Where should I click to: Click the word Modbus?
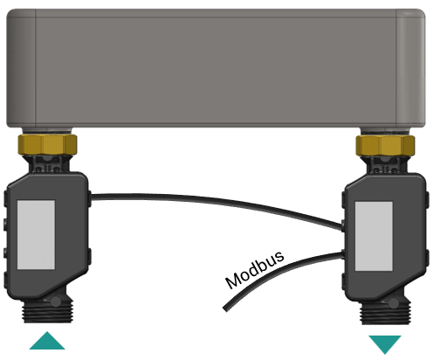coord(255,269)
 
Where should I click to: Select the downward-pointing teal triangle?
coord(385,343)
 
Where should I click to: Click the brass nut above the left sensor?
coord(47,144)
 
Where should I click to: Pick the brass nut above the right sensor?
coord(385,145)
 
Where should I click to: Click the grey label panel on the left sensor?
coord(36,235)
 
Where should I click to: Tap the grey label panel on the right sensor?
coord(374,236)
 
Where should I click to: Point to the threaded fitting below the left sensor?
coord(48,312)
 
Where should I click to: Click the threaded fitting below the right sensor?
coord(386,314)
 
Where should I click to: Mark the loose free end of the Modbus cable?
coord(225,309)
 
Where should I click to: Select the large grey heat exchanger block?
coord(216,68)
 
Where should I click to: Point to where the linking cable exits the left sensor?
coord(91,197)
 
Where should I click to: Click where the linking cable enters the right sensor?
coord(342,226)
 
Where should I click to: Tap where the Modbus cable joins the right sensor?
coord(342,255)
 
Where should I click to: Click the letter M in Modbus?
coord(233,281)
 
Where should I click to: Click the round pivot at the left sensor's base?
coord(56,301)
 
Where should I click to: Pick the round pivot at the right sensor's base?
coord(394,303)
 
